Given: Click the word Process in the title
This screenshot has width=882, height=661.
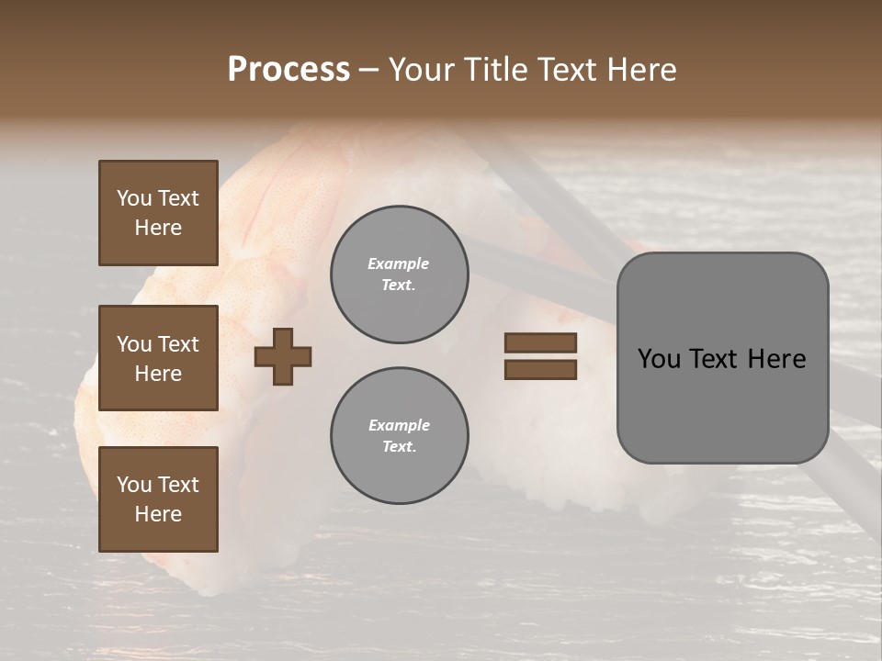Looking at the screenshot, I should (x=288, y=70).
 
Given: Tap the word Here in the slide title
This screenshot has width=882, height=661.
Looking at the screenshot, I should (x=640, y=70).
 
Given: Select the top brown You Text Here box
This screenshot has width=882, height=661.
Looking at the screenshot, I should (x=158, y=213).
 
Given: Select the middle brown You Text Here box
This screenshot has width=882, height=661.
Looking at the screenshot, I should (x=158, y=358).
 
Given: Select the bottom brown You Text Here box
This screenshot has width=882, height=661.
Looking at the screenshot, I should (x=158, y=499).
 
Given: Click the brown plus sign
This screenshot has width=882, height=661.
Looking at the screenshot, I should (x=283, y=356).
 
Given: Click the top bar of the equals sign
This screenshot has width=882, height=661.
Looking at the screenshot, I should (x=541, y=342).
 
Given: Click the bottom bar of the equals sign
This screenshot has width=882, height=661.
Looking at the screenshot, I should (x=541, y=370).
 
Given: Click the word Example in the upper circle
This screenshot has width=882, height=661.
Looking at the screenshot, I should (x=398, y=263).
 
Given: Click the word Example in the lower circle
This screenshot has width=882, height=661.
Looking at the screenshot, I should (x=399, y=425).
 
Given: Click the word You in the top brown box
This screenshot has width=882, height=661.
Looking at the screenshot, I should (x=133, y=198).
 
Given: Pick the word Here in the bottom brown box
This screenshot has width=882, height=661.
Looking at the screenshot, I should (x=158, y=514).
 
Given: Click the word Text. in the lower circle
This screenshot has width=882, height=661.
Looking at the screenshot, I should (x=399, y=446).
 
